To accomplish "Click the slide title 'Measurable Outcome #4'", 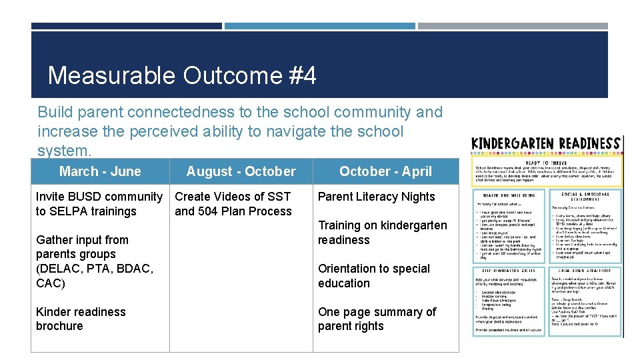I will click(182, 75).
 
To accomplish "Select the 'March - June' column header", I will click(100, 171).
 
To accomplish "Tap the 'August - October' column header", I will click(241, 171).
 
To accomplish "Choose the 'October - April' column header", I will click(385, 171).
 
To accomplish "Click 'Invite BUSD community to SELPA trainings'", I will click(99, 204).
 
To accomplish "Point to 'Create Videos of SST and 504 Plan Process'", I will click(233, 204).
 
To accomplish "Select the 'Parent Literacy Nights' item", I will click(376, 197).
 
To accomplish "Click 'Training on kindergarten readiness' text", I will click(382, 233).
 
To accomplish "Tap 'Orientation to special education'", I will click(373, 276).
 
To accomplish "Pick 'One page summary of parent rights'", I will click(377, 319).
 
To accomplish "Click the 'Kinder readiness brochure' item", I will click(81, 319).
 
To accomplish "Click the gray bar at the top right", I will click(513, 26).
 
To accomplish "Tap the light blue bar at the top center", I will click(319, 26).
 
